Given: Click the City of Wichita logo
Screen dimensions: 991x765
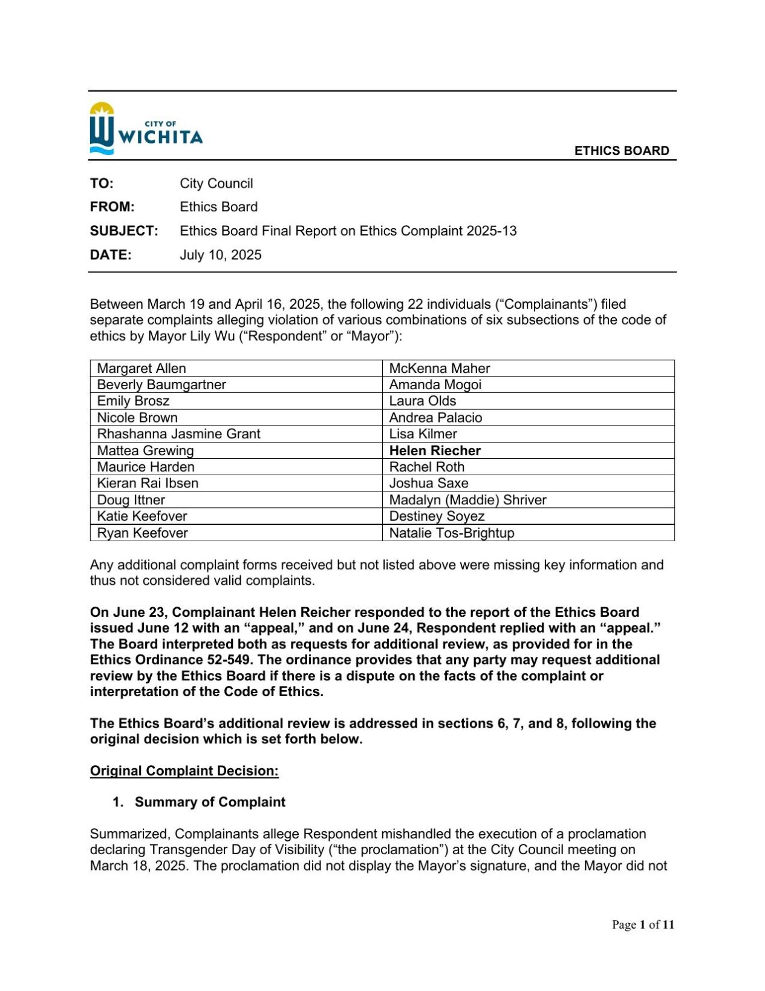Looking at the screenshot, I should (146, 128).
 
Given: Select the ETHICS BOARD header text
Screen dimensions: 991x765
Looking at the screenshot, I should (621, 151).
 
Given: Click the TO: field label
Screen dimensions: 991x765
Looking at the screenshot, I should (102, 183).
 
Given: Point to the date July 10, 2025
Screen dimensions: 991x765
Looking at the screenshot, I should (220, 255).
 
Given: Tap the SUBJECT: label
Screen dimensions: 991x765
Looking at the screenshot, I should (124, 231).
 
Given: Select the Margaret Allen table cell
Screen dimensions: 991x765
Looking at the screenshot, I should (142, 368).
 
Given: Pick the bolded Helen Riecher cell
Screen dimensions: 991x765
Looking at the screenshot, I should (435, 450).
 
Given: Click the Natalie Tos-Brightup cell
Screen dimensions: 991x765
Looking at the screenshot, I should (451, 533).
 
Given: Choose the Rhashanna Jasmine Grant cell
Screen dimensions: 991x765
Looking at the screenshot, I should (178, 434).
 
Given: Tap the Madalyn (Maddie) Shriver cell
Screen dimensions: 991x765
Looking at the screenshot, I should (467, 500).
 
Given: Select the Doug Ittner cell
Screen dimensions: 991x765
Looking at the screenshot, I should (131, 500).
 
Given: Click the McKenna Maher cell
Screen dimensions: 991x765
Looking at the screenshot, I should (439, 368).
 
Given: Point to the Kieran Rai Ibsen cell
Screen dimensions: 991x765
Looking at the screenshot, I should (148, 483).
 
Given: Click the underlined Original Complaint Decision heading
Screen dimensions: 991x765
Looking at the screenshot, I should (184, 771).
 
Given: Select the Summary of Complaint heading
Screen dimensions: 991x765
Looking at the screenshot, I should (209, 802).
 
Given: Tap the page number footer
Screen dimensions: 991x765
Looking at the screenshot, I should (642, 924).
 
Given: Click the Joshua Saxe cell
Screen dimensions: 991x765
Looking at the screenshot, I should (428, 483).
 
